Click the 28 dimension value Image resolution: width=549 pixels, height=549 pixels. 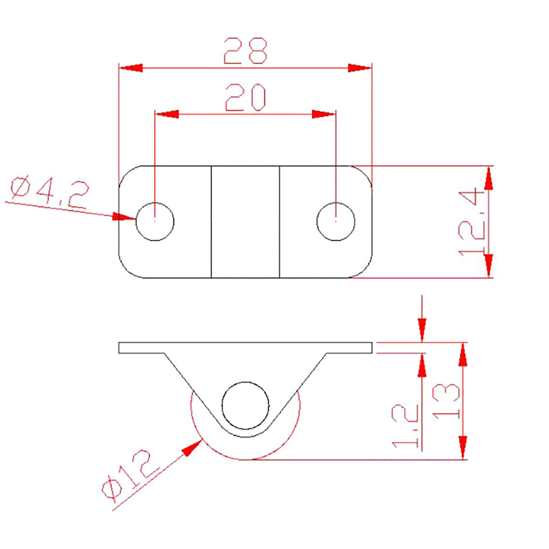(245, 51)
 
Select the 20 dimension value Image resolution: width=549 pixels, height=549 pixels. (245, 97)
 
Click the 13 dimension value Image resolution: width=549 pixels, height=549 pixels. (446, 401)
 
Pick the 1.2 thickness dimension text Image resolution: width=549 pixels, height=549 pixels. (405, 425)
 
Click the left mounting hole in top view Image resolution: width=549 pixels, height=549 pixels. (155, 222)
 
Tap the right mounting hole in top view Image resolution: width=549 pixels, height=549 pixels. (336, 222)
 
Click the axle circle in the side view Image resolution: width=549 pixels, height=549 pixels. (245, 406)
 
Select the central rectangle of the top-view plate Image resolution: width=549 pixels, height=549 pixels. (245, 222)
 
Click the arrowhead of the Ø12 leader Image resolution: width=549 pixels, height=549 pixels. (192, 447)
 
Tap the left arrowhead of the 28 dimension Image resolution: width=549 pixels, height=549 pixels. (131, 68)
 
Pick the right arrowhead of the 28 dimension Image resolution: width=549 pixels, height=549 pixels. (360, 68)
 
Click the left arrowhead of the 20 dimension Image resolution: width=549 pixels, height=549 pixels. (167, 114)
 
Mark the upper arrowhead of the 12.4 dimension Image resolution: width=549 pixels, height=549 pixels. (489, 178)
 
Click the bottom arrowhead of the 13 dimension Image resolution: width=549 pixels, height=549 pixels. (463, 447)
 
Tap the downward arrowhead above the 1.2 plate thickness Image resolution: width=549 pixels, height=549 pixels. (422, 330)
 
